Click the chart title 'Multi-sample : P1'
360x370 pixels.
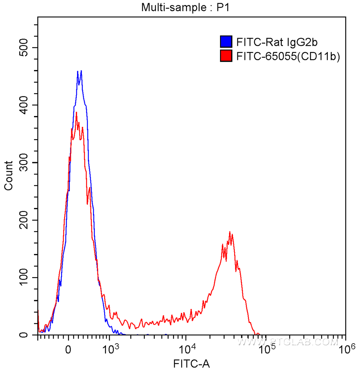pos(186,8)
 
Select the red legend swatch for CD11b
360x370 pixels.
pos(226,56)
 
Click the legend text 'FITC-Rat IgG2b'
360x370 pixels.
pos(277,43)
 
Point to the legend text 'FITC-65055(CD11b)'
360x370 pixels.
pos(288,56)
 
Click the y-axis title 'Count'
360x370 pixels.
pos(8,176)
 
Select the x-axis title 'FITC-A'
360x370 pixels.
pos(192,363)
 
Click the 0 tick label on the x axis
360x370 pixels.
pos(68,349)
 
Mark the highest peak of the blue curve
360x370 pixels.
pos(81,71)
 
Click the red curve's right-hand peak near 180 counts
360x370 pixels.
pos(230,232)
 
